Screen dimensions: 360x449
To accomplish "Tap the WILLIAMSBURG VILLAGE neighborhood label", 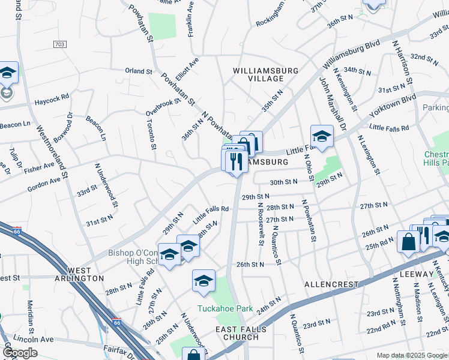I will [x=266, y=74].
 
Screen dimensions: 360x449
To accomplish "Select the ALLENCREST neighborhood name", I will [x=331, y=284].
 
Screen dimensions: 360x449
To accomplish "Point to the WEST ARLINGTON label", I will [x=85, y=275].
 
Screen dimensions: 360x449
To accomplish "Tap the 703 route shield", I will [x=59, y=44].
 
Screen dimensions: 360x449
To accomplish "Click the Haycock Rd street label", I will [x=52, y=95].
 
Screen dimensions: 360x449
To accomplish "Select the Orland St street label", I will [x=139, y=71].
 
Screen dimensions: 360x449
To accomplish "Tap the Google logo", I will [x=20, y=352].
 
